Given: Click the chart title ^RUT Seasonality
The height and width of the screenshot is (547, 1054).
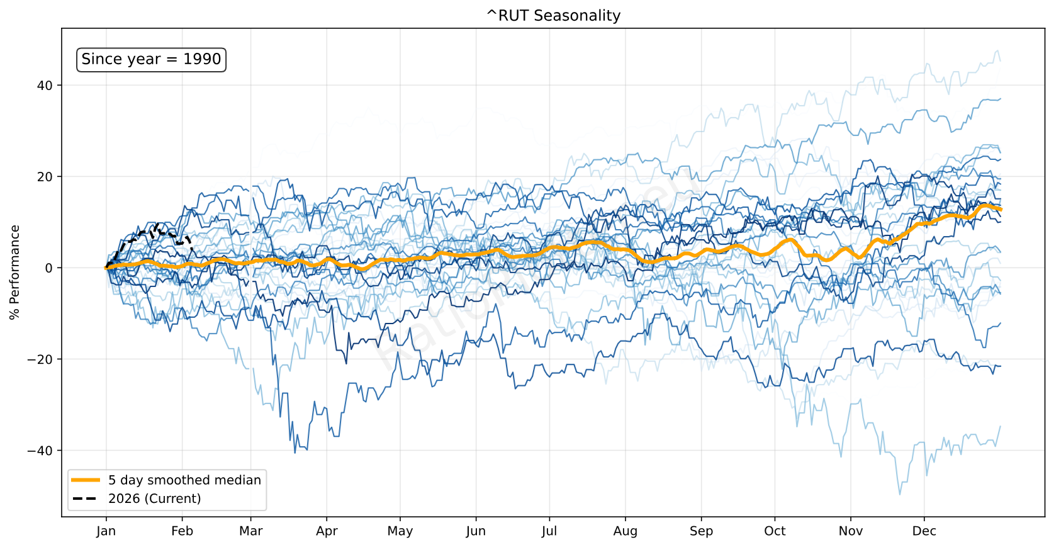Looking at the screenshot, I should [x=553, y=16].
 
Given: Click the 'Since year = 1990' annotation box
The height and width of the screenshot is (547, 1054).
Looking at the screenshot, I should [x=151, y=59].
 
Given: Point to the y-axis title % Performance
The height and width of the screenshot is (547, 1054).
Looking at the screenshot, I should [x=15, y=273].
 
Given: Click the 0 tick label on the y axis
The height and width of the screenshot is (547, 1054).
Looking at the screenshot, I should [x=49, y=268].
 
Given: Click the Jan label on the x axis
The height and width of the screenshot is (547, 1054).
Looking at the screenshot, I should [x=106, y=531].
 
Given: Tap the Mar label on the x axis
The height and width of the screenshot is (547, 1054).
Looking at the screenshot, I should [x=250, y=531].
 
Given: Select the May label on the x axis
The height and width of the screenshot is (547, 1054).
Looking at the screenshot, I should [x=400, y=531].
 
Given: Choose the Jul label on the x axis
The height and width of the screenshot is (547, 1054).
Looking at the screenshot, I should [x=549, y=531].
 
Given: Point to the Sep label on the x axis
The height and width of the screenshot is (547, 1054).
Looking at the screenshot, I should [x=701, y=531].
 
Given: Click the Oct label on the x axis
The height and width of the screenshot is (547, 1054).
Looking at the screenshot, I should [x=775, y=531].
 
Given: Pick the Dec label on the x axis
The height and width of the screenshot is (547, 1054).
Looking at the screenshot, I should [x=924, y=531].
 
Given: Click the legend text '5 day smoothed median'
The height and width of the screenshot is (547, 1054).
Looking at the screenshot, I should [x=184, y=480].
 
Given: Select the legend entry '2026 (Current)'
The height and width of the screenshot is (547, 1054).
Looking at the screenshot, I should [x=154, y=499].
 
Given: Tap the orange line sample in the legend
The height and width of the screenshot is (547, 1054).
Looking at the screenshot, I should [x=86, y=480].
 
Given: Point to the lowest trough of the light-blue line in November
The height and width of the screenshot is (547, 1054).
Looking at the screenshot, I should [x=899, y=494].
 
